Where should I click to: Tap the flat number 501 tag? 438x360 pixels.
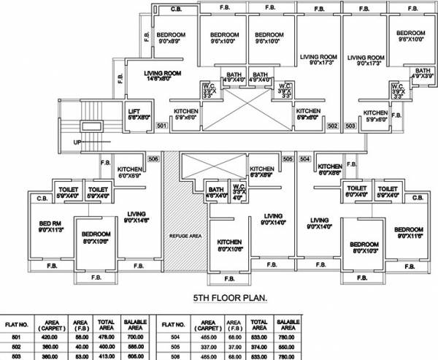point(162,127)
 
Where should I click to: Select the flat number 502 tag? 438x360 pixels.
point(331,127)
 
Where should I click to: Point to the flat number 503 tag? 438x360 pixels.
point(350,127)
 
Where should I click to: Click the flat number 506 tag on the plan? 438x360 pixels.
point(153,158)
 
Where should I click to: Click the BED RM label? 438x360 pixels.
point(42,226)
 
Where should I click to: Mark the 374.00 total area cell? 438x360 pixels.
point(258,348)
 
